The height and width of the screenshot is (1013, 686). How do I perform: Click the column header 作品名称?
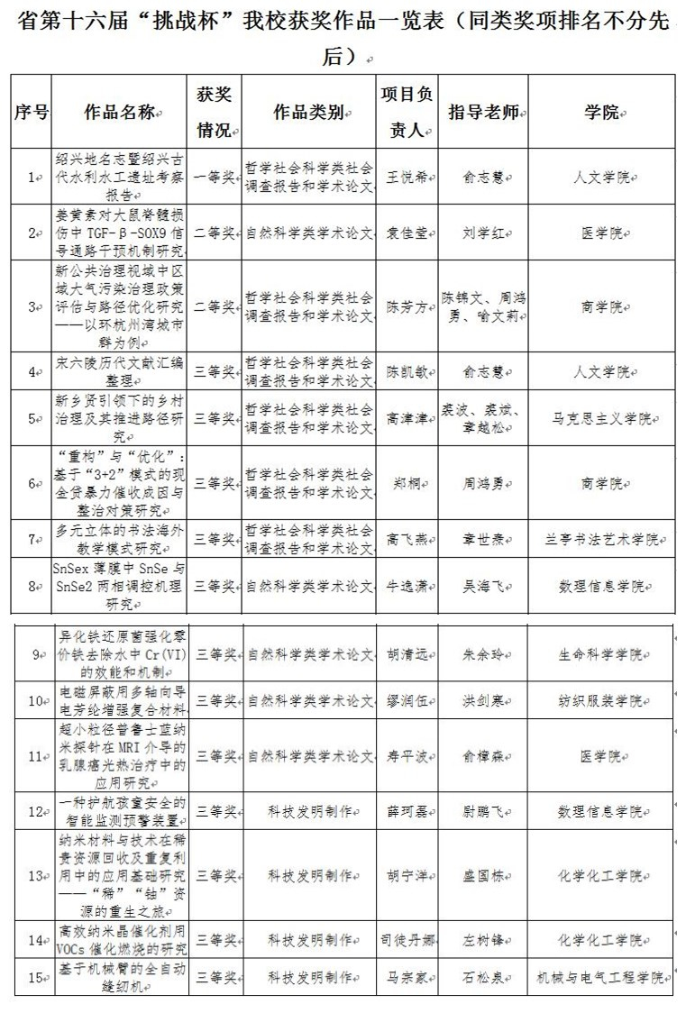(x=120, y=113)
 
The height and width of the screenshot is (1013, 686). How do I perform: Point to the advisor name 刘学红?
(x=482, y=233)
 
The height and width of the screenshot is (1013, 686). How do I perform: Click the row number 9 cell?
(x=36, y=653)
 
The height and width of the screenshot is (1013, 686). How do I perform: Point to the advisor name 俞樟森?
(x=482, y=755)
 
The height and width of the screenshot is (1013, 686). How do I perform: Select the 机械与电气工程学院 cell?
(x=601, y=977)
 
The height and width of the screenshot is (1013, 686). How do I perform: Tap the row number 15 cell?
(x=36, y=977)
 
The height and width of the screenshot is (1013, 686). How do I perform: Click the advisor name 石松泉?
(x=482, y=977)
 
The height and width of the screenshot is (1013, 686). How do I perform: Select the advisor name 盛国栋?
(x=482, y=875)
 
